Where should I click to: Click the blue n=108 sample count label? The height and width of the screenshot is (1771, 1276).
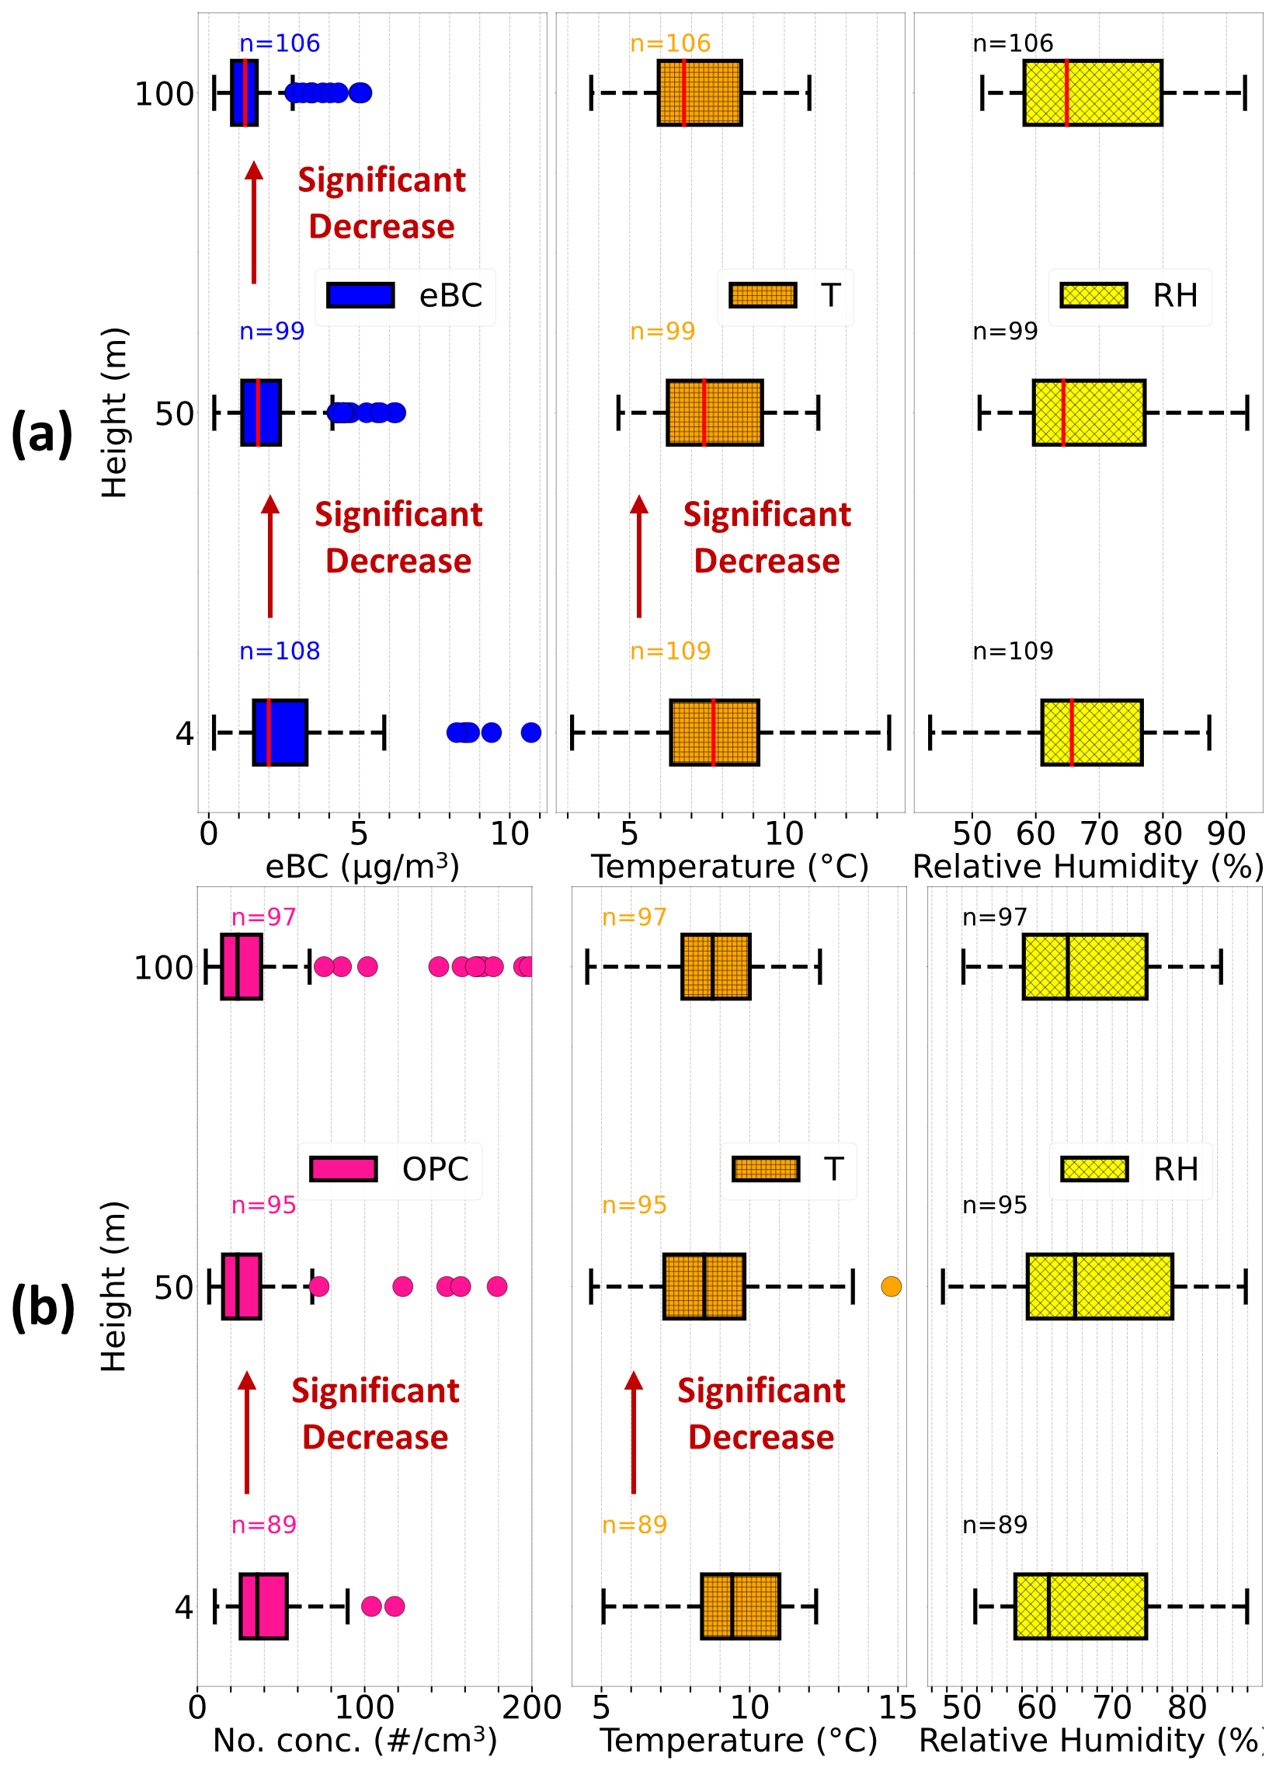(x=280, y=650)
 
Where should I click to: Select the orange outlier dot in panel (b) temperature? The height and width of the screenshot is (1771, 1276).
(x=891, y=1286)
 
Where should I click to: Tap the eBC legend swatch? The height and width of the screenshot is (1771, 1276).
(x=360, y=295)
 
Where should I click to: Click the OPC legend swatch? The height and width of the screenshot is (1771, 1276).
(x=343, y=1169)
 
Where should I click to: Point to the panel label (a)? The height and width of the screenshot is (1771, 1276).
(x=42, y=434)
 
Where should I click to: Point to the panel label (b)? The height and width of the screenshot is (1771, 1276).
(x=43, y=1308)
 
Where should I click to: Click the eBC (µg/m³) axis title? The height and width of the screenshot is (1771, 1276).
(x=363, y=866)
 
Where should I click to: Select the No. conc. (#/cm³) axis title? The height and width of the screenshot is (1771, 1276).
(x=356, y=1740)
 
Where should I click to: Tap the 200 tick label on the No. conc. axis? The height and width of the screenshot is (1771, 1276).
(x=531, y=1707)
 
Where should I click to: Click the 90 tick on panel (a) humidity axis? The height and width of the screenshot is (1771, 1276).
(x=1226, y=834)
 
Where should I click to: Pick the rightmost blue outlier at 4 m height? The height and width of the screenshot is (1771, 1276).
(x=531, y=732)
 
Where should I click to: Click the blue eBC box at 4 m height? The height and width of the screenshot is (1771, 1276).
(x=280, y=732)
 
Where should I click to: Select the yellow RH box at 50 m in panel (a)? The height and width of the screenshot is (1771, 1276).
(x=1090, y=413)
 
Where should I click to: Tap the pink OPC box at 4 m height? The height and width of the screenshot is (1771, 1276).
(x=263, y=1606)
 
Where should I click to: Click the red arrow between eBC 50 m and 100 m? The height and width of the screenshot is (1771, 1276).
(x=254, y=223)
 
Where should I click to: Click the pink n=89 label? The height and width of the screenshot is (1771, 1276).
(x=264, y=1524)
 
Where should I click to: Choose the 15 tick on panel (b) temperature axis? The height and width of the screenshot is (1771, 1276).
(x=897, y=1707)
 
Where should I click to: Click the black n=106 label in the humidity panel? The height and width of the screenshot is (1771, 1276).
(x=1013, y=43)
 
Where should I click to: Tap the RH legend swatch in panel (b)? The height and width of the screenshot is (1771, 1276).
(x=1094, y=1169)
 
